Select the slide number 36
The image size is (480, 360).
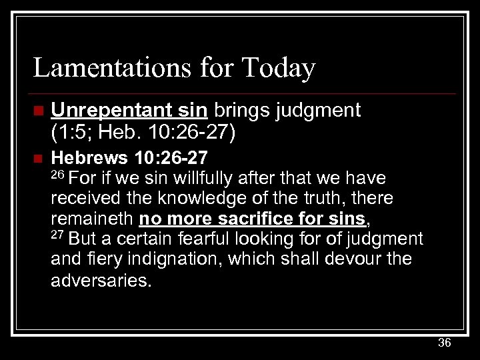click(x=445, y=343)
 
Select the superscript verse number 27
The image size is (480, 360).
click(x=59, y=235)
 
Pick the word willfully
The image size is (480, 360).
click(x=201, y=178)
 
